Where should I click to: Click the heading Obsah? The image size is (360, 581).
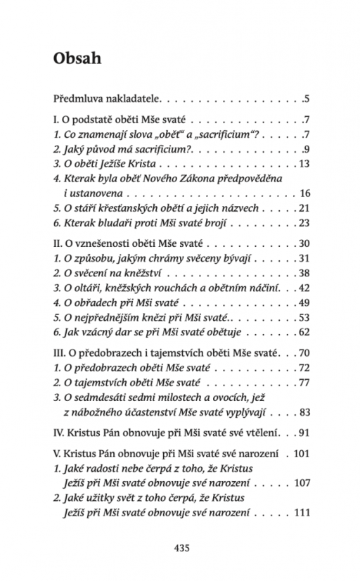pyautogui.click(x=78, y=58)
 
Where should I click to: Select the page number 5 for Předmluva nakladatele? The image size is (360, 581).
pyautogui.click(x=307, y=97)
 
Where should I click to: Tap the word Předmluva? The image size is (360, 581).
pyautogui.click(x=77, y=97)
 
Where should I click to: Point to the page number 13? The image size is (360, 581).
pyautogui.click(x=304, y=163)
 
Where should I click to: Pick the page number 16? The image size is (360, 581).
pyautogui.click(x=304, y=192)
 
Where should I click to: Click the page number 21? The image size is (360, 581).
pyautogui.click(x=304, y=208)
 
